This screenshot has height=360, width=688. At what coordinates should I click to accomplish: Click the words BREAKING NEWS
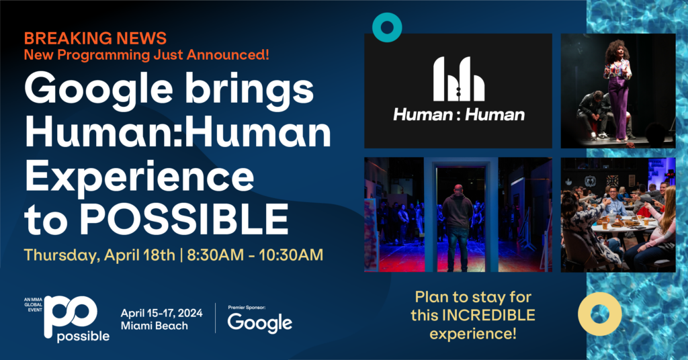coord(95,38)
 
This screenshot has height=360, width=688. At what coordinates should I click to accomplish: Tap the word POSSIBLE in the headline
coord(184,219)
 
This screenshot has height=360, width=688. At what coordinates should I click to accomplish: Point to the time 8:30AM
coord(215,255)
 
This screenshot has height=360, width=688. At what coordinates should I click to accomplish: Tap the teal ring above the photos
coord(387,27)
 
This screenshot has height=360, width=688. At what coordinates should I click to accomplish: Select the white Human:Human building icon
coord(458,79)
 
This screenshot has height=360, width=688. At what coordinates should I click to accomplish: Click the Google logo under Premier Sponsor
coord(260,323)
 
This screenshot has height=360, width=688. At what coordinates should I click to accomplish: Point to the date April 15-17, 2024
coord(161,313)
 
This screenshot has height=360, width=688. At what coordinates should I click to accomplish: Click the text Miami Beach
coord(155,326)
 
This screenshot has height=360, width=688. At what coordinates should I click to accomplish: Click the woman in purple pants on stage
coord(618,90)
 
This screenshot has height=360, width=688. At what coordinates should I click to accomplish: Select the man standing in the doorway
coord(458,228)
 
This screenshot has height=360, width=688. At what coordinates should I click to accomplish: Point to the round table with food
coord(623,226)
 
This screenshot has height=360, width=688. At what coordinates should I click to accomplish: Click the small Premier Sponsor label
coord(247,308)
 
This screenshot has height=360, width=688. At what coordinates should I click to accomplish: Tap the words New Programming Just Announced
coord(146,55)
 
